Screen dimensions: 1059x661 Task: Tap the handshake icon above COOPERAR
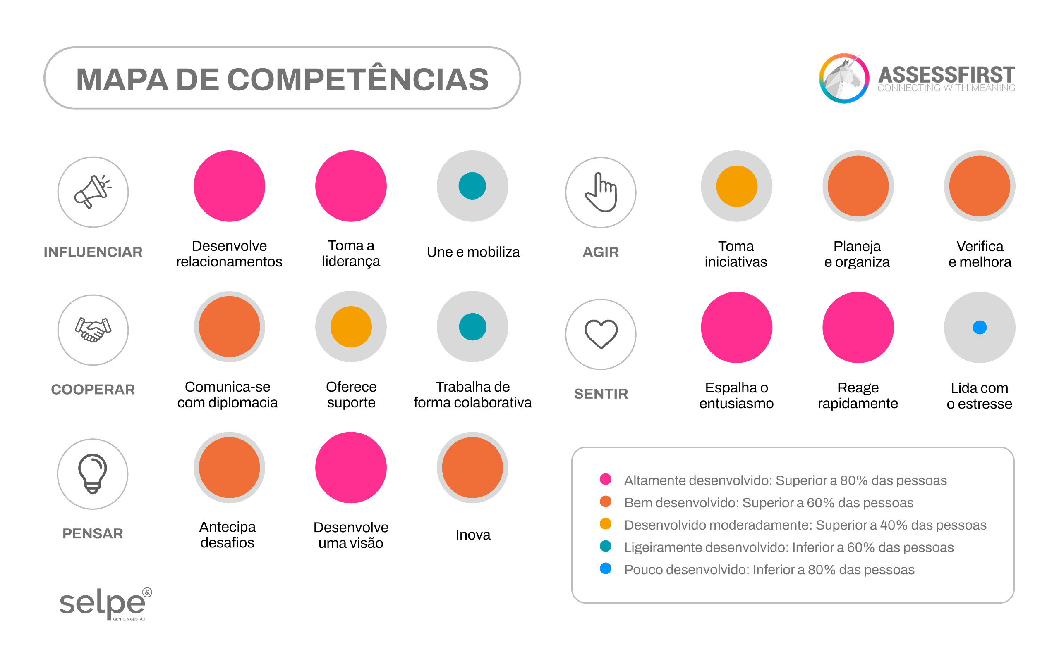[x=93, y=330]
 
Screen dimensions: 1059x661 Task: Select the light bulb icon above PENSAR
[x=92, y=474]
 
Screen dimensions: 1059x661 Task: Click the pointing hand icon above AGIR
[x=601, y=193]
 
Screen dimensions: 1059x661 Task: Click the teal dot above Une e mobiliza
[x=472, y=186]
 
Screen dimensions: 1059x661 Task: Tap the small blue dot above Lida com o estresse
[x=979, y=327]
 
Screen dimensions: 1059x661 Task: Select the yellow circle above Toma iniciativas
[x=736, y=186]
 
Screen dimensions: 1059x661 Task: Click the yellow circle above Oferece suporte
[x=351, y=326]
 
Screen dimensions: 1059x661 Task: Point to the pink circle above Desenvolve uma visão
[x=351, y=467]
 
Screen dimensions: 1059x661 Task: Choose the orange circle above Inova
[x=472, y=467]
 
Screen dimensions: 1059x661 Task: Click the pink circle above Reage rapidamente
[x=858, y=327]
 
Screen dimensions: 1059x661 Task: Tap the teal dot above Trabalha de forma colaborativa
[x=472, y=326]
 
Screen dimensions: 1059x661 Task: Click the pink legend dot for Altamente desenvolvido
[x=606, y=479]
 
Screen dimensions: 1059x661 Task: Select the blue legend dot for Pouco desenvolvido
[x=606, y=568]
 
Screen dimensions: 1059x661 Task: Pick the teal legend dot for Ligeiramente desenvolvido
[x=606, y=546]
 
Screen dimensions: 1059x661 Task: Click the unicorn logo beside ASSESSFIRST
[x=844, y=78]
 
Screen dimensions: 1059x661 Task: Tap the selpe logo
[x=105, y=603]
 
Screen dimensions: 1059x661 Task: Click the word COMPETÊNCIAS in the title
[x=357, y=79]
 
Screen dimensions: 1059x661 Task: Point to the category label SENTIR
[x=601, y=394]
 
